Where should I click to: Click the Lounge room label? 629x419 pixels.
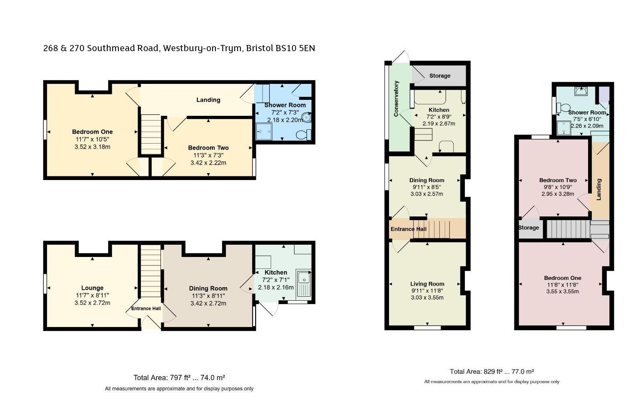(93, 288)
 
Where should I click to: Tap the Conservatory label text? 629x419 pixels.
(396, 99)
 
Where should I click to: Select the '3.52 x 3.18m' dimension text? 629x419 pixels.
(93, 147)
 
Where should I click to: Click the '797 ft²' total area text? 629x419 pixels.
(180, 378)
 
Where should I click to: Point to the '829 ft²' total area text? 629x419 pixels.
(493, 372)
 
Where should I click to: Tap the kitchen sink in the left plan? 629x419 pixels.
(303, 283)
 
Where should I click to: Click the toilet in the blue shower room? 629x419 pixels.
(303, 135)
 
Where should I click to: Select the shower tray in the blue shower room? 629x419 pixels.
(264, 131)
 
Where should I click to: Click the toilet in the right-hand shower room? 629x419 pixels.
(563, 107)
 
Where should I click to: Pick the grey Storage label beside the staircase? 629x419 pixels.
(529, 228)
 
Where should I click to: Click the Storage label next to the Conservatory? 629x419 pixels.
(440, 76)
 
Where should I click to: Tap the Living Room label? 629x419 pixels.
(427, 284)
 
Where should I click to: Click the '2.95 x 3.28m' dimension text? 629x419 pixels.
(558, 194)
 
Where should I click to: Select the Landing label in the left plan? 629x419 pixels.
(208, 100)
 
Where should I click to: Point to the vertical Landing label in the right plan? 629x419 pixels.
(598, 189)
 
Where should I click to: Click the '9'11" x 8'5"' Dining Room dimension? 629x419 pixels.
(427, 187)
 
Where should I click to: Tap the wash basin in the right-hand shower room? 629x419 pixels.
(581, 91)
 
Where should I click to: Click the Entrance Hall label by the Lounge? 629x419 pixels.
(146, 309)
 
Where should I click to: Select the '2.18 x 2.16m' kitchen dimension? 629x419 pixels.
(276, 287)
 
